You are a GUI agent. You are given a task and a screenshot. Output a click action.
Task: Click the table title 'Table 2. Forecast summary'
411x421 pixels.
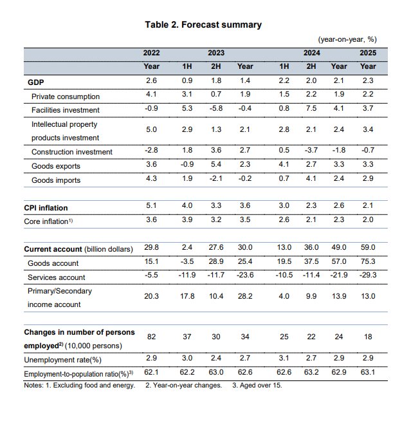[x=204, y=24]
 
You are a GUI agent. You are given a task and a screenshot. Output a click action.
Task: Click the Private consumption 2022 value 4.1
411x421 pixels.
[x=152, y=96]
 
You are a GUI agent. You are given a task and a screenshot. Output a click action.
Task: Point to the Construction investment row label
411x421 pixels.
[x=72, y=152]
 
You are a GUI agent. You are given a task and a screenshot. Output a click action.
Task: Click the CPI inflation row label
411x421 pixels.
[x=46, y=208]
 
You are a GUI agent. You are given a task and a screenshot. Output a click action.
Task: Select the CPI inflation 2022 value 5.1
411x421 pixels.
[x=152, y=207]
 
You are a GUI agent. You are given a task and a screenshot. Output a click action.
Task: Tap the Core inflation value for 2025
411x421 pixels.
[x=368, y=221]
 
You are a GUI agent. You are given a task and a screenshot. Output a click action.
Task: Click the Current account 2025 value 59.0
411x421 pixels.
[x=368, y=248]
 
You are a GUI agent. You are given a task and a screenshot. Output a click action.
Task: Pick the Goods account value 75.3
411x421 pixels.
[x=368, y=263]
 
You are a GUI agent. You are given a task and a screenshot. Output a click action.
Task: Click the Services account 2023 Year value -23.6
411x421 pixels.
[x=244, y=277]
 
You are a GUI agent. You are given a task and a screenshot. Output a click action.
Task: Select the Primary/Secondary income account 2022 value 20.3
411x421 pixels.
[x=152, y=297]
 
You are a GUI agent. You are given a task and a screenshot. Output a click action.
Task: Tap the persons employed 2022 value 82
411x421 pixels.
[x=152, y=339]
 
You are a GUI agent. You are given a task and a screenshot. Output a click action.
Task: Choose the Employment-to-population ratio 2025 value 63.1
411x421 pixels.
[x=368, y=373]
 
